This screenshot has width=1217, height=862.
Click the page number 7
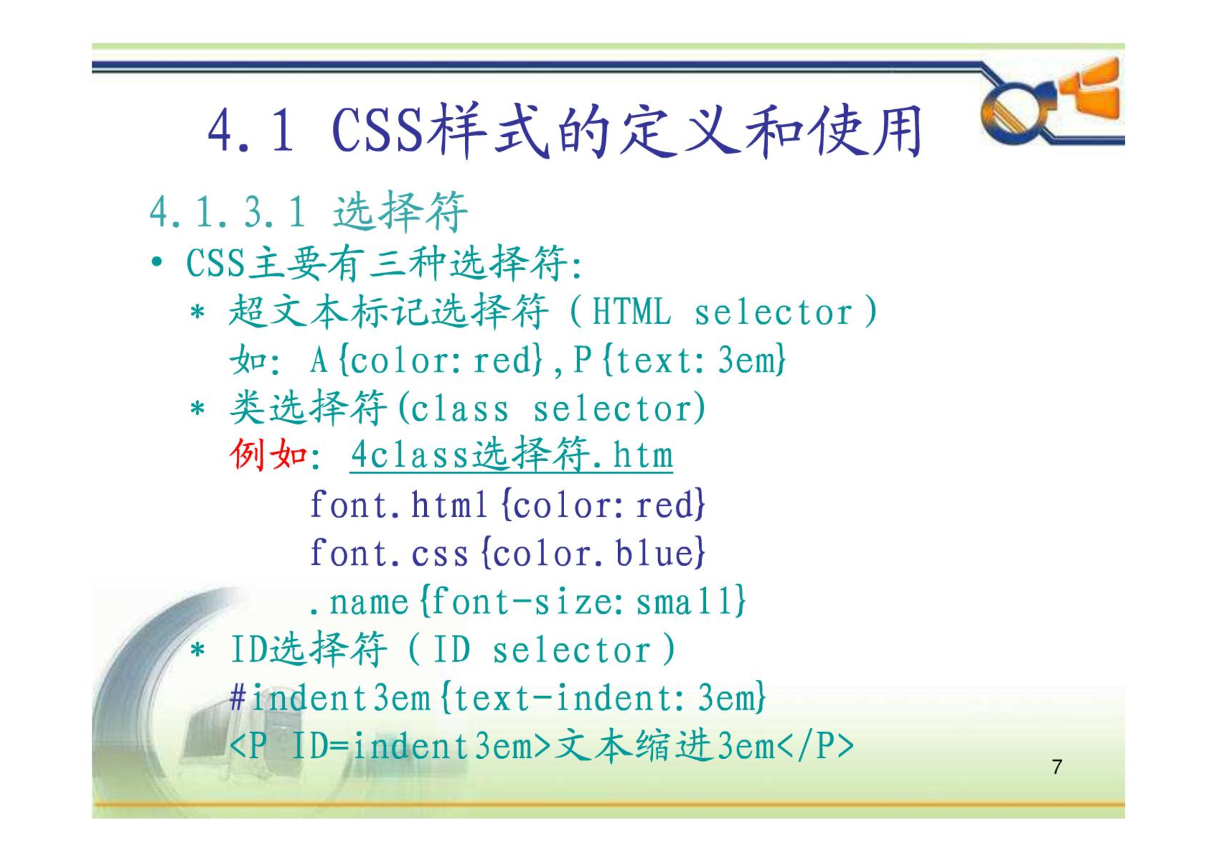(1057, 767)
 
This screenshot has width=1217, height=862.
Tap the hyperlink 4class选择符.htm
(511, 455)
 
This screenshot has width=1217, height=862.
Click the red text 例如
(269, 455)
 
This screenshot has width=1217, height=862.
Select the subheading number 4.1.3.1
(228, 212)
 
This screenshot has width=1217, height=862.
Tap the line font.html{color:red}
(507, 505)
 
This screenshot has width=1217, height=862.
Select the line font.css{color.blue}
(507, 553)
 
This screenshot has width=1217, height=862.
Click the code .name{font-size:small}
(527, 601)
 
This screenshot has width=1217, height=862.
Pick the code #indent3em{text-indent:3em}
(497, 698)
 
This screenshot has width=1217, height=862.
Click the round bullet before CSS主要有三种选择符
(157, 263)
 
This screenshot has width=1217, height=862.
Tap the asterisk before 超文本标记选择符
(198, 312)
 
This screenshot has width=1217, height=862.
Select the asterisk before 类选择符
(198, 408)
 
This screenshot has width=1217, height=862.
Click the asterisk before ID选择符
(198, 649)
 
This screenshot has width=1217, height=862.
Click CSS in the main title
(377, 130)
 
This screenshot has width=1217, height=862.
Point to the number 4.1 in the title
(251, 130)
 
